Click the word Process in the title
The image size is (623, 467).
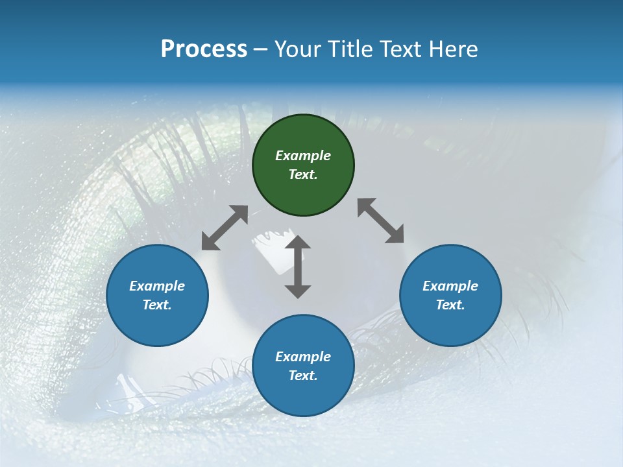pos(204,49)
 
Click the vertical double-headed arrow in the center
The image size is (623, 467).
pos(298,267)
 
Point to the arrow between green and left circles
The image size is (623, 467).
pos(225,228)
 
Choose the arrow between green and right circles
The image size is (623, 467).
pos(381,221)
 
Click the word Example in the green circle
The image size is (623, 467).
pos(303,156)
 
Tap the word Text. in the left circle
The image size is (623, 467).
pos(157,305)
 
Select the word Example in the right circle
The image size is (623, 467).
pos(450,286)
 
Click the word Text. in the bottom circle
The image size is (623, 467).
pos(303,376)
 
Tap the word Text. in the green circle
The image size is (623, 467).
pos(303,174)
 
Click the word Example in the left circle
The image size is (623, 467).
pos(157,286)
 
